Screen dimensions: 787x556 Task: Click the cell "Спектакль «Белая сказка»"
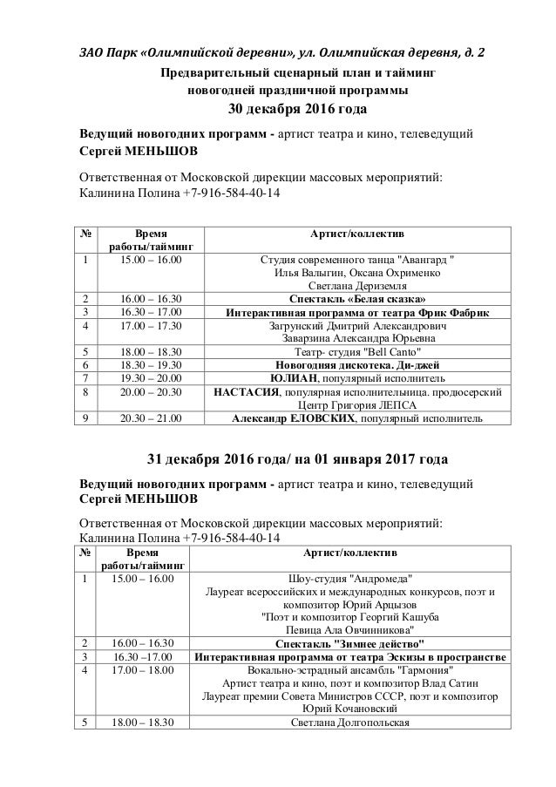[x=358, y=298]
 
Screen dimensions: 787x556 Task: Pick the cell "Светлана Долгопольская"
[x=349, y=722]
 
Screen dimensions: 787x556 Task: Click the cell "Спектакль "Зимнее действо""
[x=349, y=641]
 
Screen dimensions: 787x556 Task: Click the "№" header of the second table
[x=85, y=553]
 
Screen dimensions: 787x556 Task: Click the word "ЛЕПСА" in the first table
[x=398, y=405]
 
